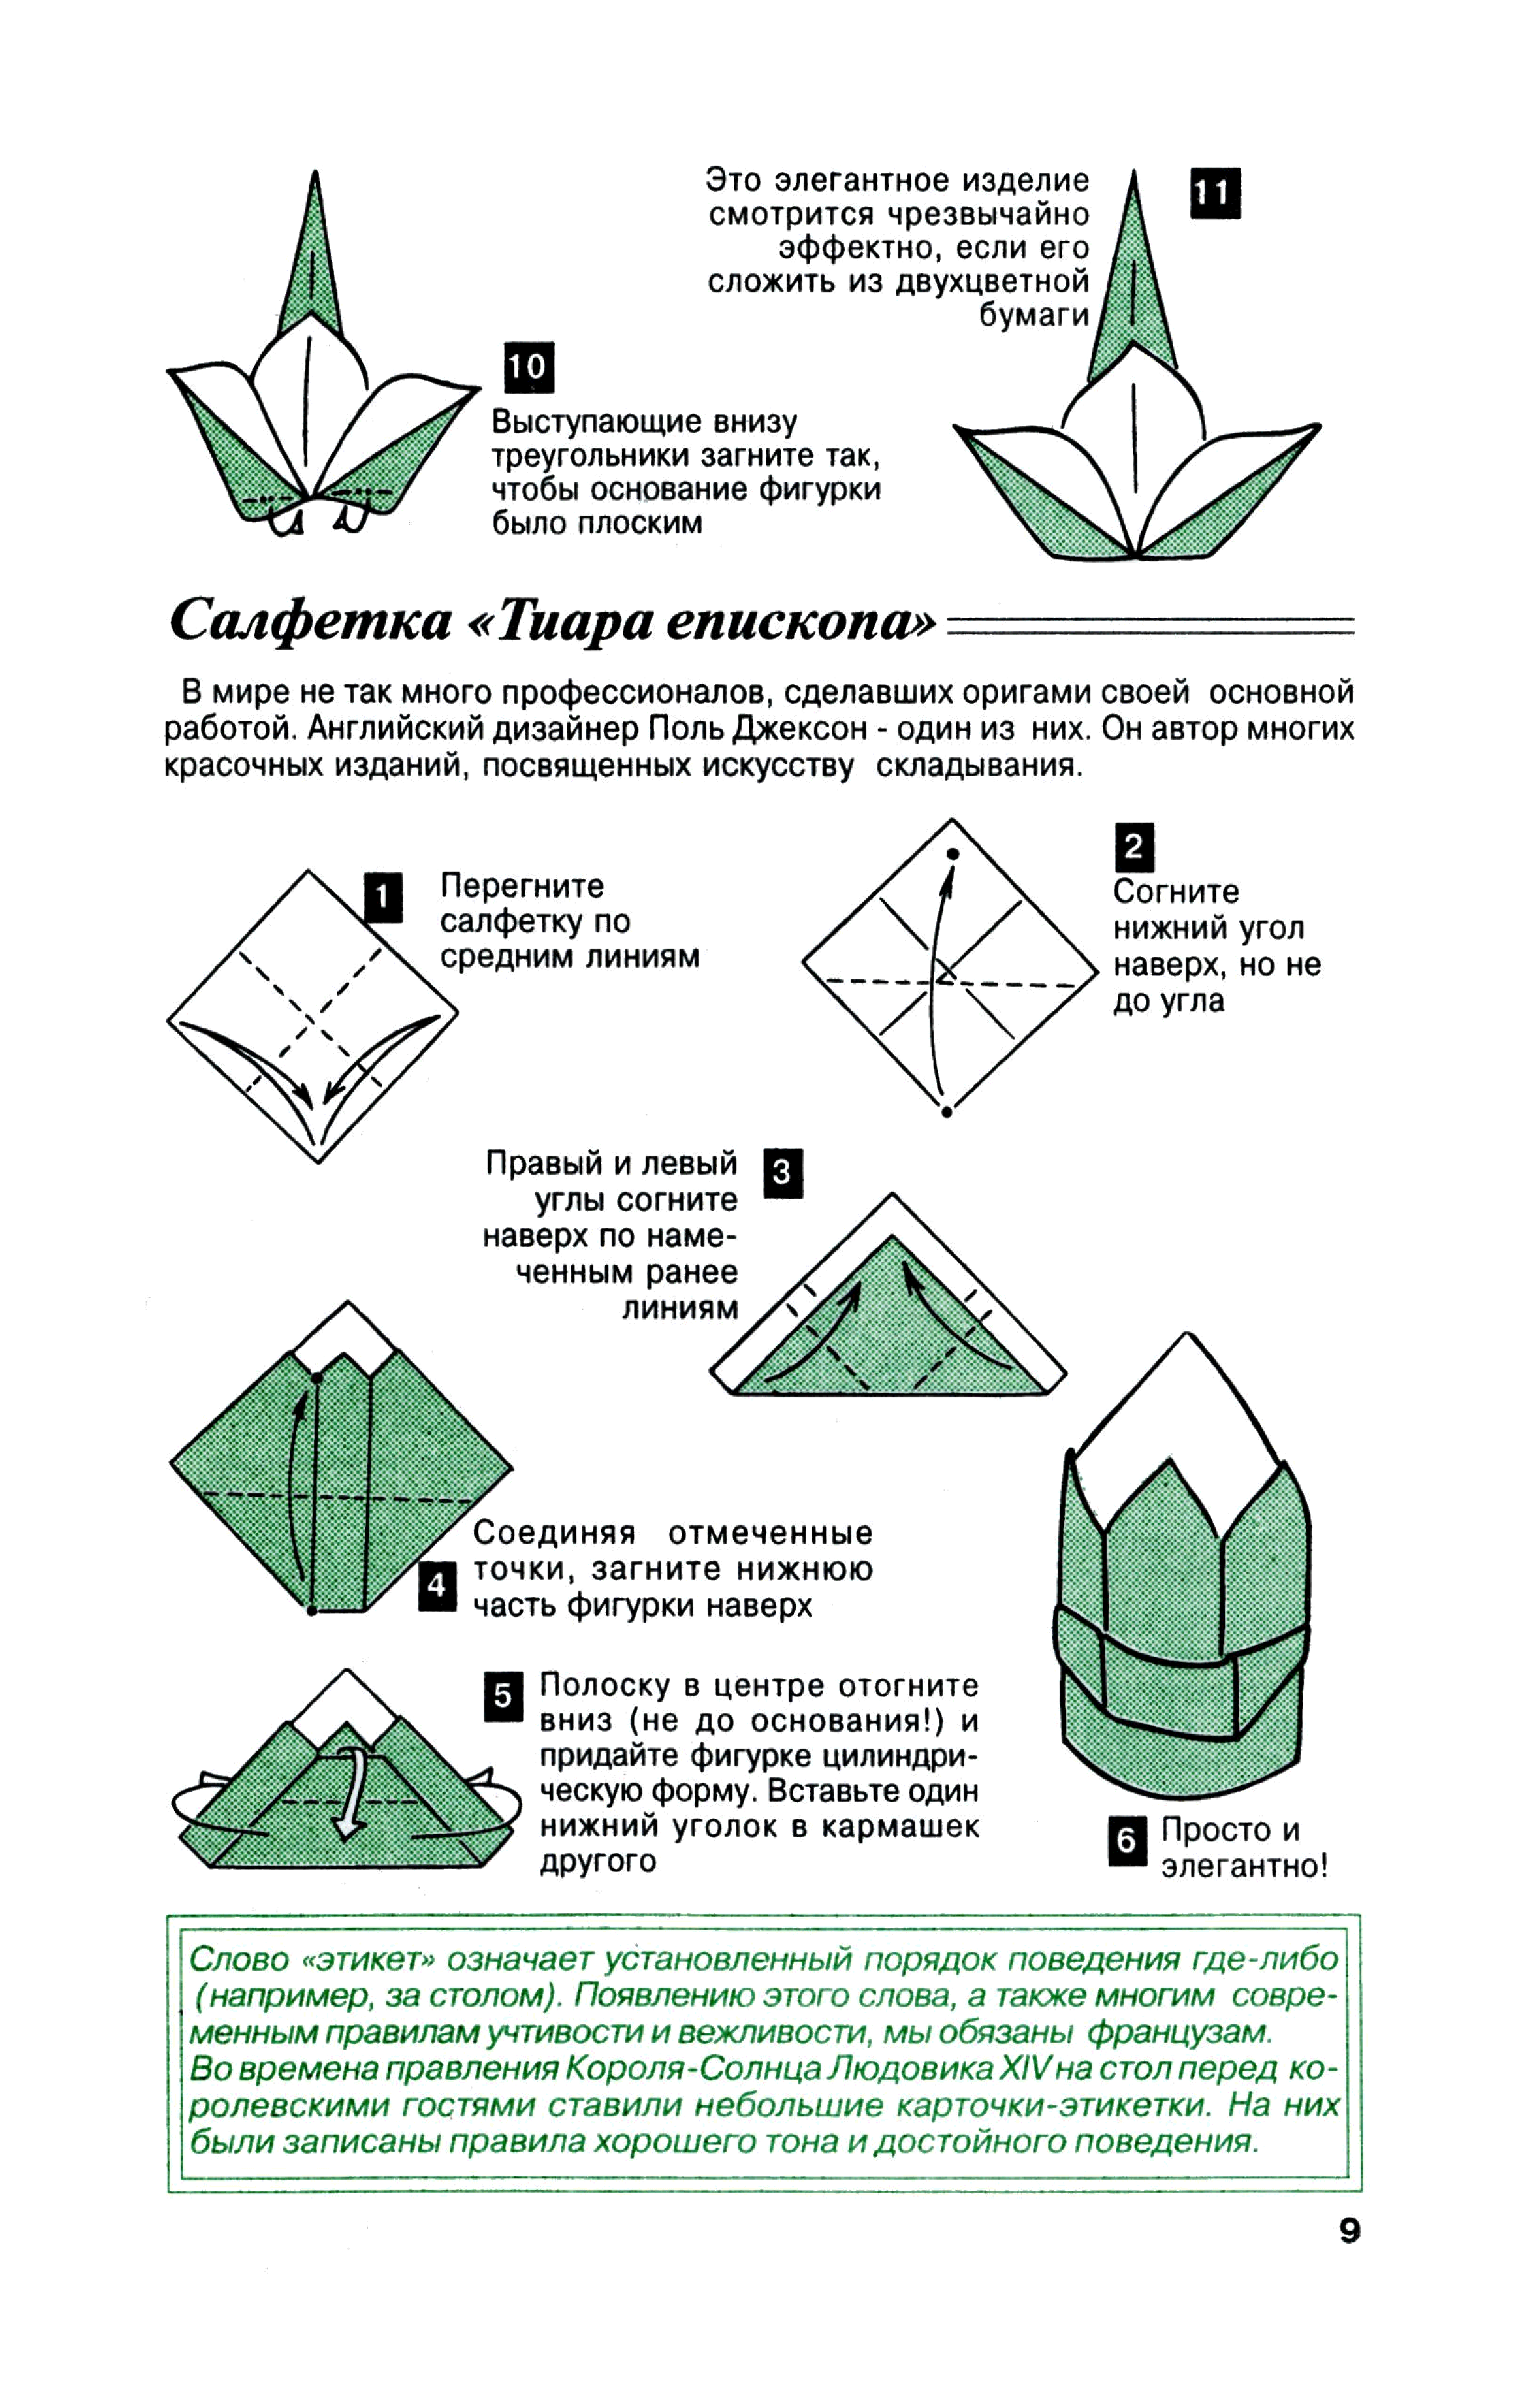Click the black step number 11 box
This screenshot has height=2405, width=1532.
tap(1215, 193)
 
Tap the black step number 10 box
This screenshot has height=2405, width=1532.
tap(528, 368)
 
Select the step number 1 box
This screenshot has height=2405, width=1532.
tap(383, 896)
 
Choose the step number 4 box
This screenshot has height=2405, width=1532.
tap(437, 1585)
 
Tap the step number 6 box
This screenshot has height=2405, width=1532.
tap(1125, 1840)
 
